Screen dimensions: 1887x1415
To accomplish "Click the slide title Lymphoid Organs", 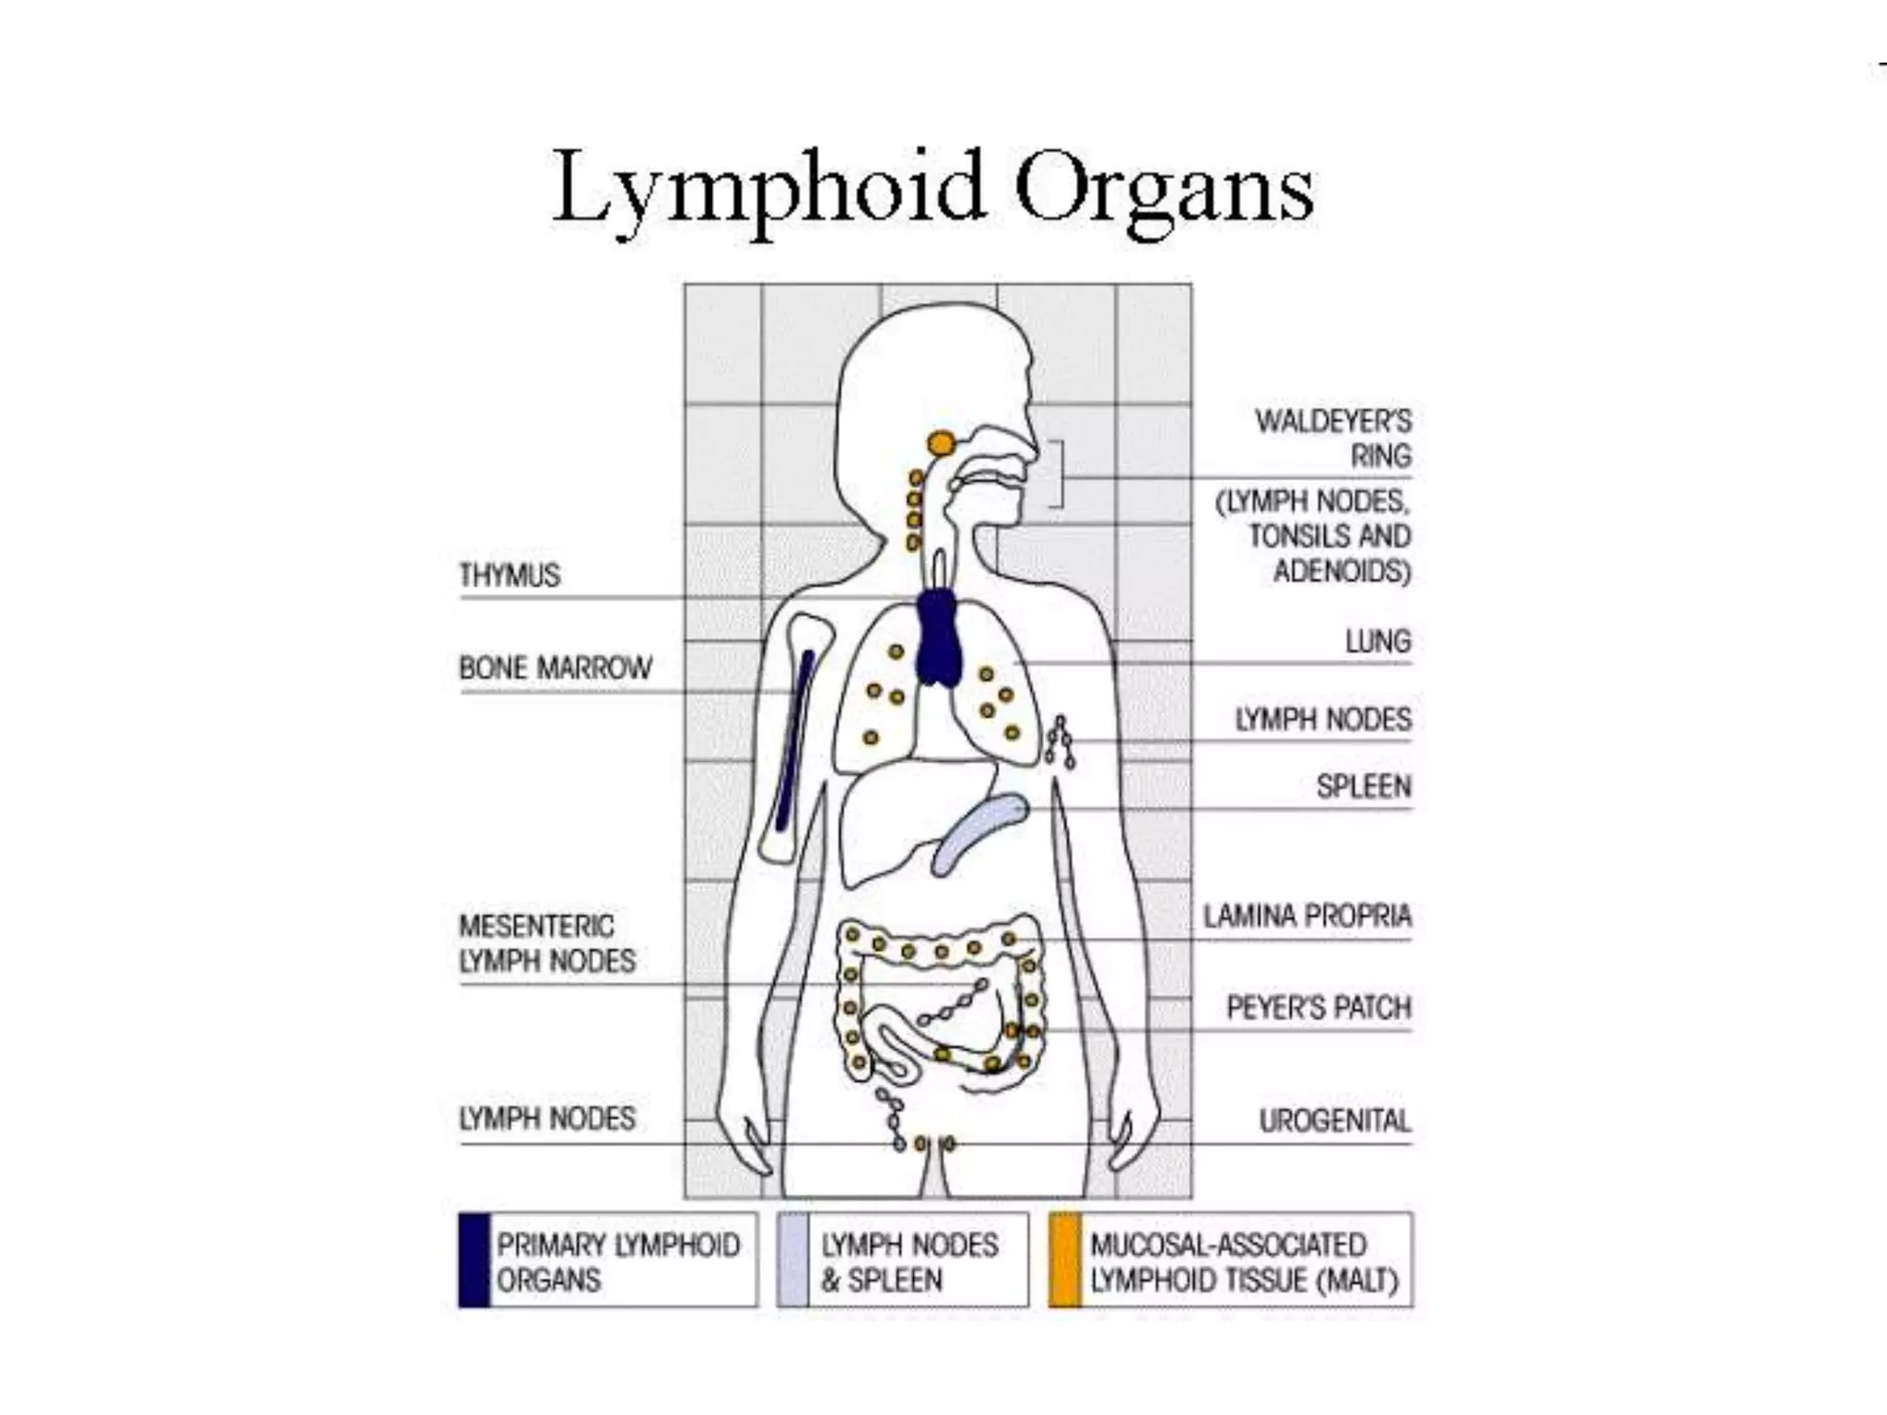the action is (932, 190).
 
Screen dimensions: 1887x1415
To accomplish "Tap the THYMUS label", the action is (510, 576).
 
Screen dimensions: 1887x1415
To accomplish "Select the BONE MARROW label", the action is (556, 668).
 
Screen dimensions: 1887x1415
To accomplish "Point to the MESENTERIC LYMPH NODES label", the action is (547, 943).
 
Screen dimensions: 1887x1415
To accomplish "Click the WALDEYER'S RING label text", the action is (1332, 439).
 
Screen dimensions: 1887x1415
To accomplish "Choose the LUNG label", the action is (1377, 641).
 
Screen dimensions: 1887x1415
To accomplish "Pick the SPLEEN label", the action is (1364, 786).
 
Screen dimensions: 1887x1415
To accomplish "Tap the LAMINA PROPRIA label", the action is (1307, 916).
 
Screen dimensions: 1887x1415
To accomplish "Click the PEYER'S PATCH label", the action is (1319, 1007).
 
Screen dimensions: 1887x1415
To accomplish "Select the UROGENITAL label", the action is (1335, 1121).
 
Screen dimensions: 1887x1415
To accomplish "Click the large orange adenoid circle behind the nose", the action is (941, 444).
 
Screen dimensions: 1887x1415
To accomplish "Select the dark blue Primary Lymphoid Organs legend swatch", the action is (474, 1260).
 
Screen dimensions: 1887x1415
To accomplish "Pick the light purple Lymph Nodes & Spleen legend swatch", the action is (792, 1260).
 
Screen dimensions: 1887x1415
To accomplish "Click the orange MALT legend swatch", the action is (1065, 1260).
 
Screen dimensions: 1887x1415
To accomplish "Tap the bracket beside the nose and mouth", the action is (1059, 474).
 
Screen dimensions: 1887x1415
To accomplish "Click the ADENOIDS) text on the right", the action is (1342, 572).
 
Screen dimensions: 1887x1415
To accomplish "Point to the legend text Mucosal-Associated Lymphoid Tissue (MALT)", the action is (1244, 1262).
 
